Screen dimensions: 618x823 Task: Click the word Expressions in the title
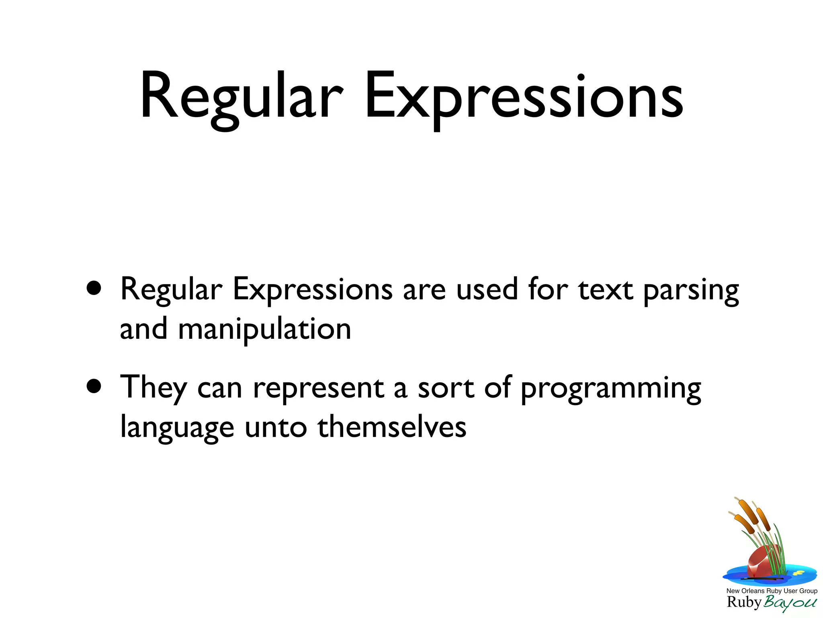click(524, 97)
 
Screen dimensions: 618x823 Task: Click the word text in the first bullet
click(606, 290)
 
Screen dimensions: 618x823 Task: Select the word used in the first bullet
click(487, 290)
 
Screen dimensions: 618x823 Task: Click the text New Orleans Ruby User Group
click(772, 591)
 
